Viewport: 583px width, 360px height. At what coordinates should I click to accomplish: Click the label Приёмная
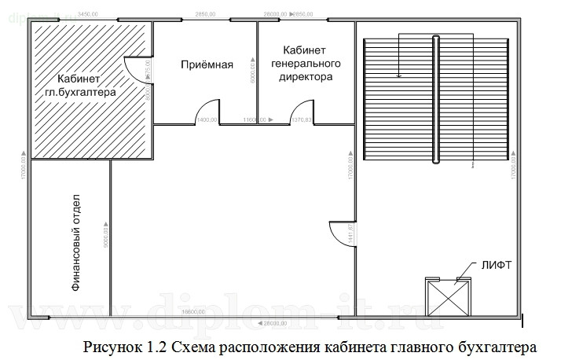205,64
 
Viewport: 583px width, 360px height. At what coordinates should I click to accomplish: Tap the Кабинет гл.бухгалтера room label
79,86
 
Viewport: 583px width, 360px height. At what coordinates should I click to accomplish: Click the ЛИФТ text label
496,266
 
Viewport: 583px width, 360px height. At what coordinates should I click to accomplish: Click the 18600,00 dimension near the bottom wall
193,312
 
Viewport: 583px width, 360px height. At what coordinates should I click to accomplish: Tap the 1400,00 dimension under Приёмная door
207,119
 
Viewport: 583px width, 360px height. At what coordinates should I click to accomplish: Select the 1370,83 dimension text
302,119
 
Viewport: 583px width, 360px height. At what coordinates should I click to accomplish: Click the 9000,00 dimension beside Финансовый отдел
104,236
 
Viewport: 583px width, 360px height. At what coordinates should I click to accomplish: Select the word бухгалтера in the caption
494,346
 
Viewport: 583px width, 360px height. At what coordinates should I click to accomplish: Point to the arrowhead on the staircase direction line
399,76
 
